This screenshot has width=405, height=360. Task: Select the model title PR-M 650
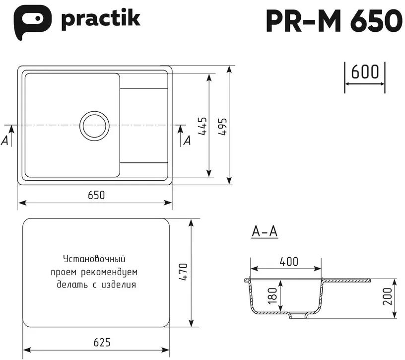pyautogui.click(x=334, y=21)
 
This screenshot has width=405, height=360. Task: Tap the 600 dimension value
pyautogui.click(x=365, y=72)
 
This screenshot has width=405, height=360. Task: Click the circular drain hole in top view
pyautogui.click(x=95, y=124)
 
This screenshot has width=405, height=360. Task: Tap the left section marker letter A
pyautogui.click(x=5, y=141)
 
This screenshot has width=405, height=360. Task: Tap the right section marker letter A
pyautogui.click(x=187, y=141)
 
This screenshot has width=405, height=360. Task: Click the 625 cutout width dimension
pyautogui.click(x=101, y=343)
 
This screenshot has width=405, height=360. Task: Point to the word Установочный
pyautogui.click(x=93, y=259)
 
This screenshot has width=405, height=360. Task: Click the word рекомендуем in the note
pyautogui.click(x=113, y=272)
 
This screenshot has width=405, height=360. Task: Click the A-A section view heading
pyautogui.click(x=264, y=232)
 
